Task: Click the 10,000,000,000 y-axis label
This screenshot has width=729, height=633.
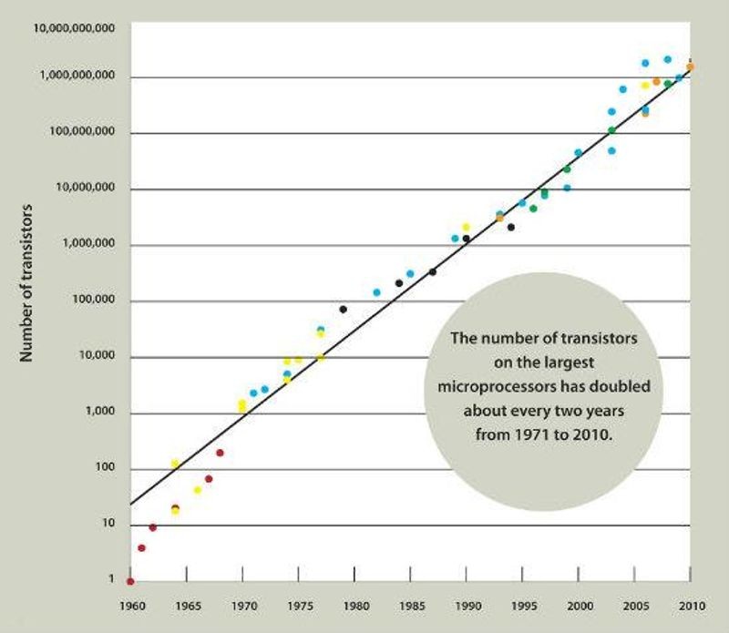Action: pyautogui.click(x=75, y=28)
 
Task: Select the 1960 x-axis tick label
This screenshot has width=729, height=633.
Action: pyautogui.click(x=130, y=604)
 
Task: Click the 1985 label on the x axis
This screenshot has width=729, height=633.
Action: pyautogui.click(x=411, y=604)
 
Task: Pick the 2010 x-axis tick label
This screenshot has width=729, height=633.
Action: pyautogui.click(x=691, y=604)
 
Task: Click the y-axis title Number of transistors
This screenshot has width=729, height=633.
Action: pyautogui.click(x=26, y=283)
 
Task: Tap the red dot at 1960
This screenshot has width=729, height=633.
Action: pyautogui.click(x=130, y=581)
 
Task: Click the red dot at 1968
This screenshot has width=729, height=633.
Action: pyautogui.click(x=220, y=453)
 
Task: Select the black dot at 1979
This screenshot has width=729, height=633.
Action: pyautogui.click(x=343, y=310)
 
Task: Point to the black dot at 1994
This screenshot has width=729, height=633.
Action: pyautogui.click(x=511, y=227)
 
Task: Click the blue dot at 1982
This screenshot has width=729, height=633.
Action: pyautogui.click(x=376, y=292)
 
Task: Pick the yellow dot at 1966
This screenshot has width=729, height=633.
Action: pyautogui.click(x=197, y=490)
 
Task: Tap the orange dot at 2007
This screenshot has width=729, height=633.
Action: pyautogui.click(x=656, y=82)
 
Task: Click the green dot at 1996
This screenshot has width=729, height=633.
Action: pyautogui.click(x=533, y=209)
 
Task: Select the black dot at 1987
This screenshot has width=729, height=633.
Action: pyautogui.click(x=433, y=272)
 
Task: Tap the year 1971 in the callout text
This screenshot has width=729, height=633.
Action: pyautogui.click(x=529, y=434)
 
